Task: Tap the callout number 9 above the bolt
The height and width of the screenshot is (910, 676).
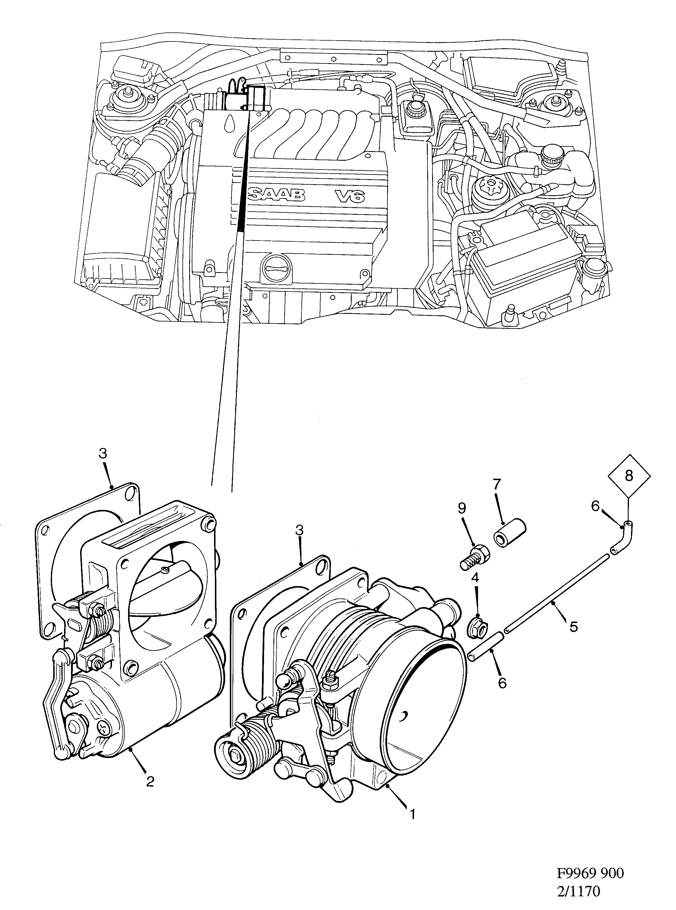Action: pos(462,508)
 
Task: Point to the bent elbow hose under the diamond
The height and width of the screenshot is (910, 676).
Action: pos(621,538)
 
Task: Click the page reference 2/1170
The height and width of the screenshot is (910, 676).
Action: pos(579,890)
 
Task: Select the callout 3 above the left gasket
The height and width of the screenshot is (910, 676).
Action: pos(102,453)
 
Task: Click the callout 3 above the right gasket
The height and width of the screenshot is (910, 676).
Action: pos(299,530)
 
